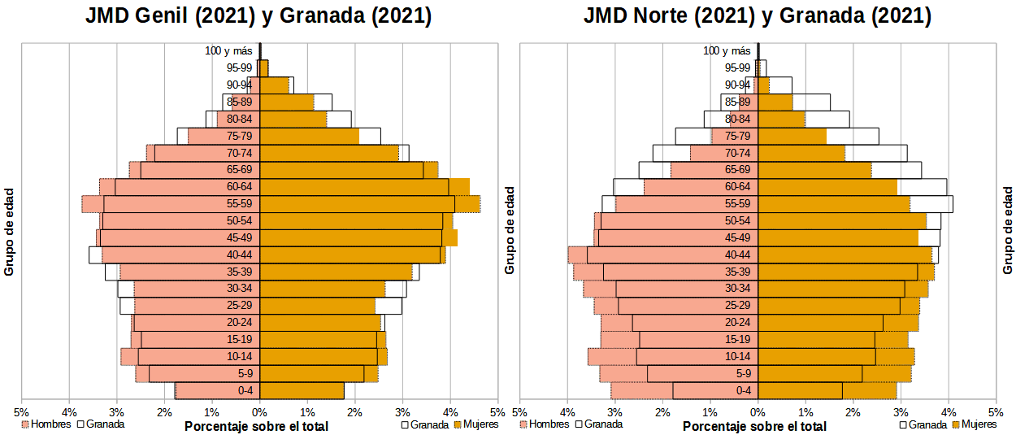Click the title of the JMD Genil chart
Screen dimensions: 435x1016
point(258,16)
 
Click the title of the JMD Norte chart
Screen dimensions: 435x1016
point(758,16)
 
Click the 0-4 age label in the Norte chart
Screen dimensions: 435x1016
point(743,391)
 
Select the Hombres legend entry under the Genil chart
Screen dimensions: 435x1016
point(50,424)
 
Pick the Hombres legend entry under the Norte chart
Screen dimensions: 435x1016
point(549,424)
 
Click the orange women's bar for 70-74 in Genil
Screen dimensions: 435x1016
point(325,153)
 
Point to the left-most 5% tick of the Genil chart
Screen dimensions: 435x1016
point(21,412)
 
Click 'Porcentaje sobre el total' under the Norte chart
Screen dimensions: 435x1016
point(755,426)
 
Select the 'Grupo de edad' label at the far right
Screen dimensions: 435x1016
point(1007,230)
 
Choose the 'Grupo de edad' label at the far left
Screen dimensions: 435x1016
point(10,230)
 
